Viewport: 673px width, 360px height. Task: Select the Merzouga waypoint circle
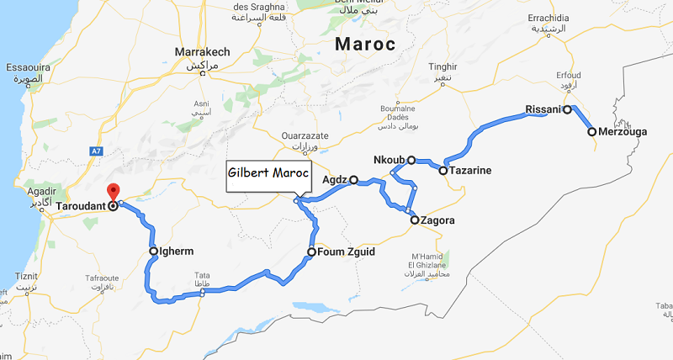592,132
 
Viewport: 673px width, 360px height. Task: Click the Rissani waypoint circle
567,109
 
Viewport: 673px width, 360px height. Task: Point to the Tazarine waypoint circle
442,170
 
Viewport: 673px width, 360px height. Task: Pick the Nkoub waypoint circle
411,160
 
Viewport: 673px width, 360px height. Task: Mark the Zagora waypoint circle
414,220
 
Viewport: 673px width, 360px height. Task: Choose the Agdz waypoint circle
354,179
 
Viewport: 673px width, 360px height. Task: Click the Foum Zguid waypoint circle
311,251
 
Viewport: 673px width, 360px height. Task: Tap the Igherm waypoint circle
154,251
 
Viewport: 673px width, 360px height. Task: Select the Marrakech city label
201,52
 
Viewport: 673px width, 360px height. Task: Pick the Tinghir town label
442,66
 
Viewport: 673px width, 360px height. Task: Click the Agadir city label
29,192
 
